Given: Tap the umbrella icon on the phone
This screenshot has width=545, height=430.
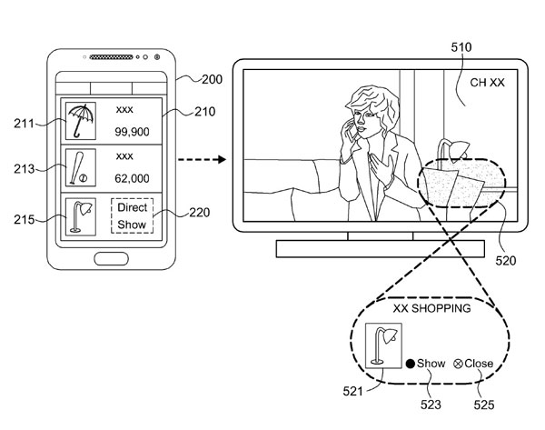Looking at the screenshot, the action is pos(81,121).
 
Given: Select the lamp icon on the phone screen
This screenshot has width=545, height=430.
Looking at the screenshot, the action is pos(81,216).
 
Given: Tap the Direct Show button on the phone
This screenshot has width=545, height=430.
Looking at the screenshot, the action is pos(132,215).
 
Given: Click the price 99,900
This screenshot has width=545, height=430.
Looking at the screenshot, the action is pos(132,132).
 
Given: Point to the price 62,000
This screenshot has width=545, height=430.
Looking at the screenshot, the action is pos(132,178).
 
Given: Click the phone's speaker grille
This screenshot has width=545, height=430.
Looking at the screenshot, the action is pos(111,57).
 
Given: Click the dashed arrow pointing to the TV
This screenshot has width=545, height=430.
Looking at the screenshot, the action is pos(202,160).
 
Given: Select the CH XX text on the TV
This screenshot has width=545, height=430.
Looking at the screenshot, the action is pos(487,83).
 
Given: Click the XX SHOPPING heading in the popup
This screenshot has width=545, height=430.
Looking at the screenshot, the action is pos(431,308).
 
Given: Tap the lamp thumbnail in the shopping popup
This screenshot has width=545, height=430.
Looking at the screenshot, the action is pos(383,345).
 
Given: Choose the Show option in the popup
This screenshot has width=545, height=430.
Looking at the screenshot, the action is pos(426,364).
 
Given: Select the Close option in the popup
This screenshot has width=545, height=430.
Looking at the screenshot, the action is pos(473,364).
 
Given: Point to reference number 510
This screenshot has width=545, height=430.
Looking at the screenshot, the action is pos(461,47).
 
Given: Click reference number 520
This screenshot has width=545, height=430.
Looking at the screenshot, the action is pos(506,260).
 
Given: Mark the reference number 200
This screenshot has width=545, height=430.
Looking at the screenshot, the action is pos(212,79).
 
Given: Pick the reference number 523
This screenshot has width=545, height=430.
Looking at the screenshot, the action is pos(431,405).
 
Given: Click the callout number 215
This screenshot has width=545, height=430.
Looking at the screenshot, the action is pos(24,219).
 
